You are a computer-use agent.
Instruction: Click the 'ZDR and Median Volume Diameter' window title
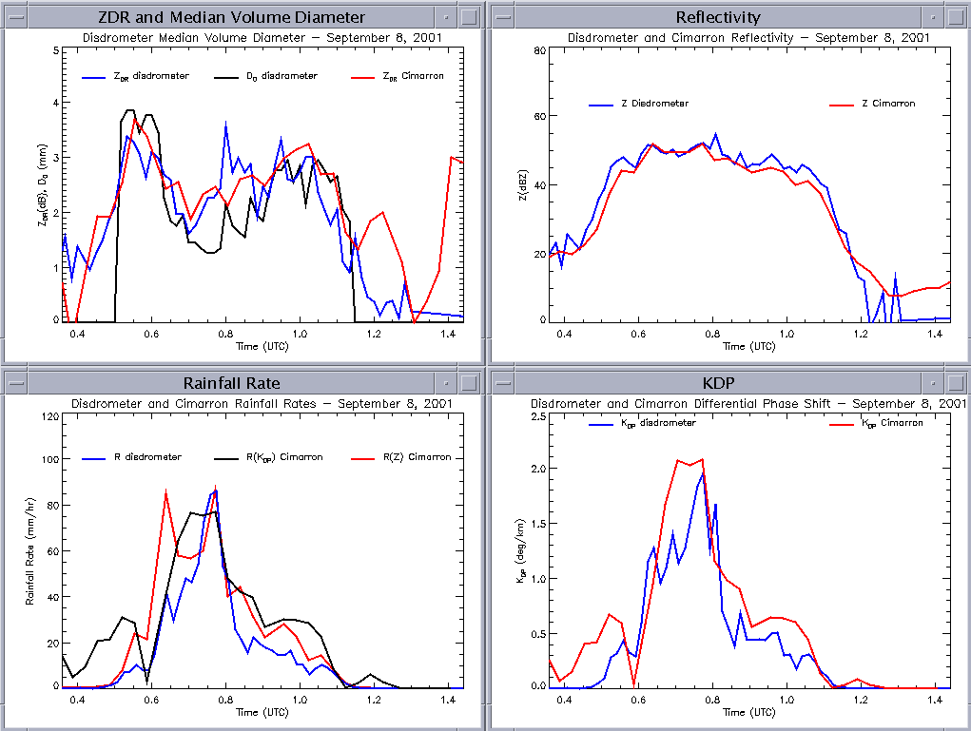[231, 17]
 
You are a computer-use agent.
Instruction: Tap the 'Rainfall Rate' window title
[231, 383]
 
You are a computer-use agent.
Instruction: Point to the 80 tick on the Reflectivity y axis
[538, 49]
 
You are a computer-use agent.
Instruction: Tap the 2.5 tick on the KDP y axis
[536, 417]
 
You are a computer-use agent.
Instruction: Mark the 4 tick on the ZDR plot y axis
[55, 103]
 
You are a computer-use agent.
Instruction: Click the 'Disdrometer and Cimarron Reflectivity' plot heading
[748, 37]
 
